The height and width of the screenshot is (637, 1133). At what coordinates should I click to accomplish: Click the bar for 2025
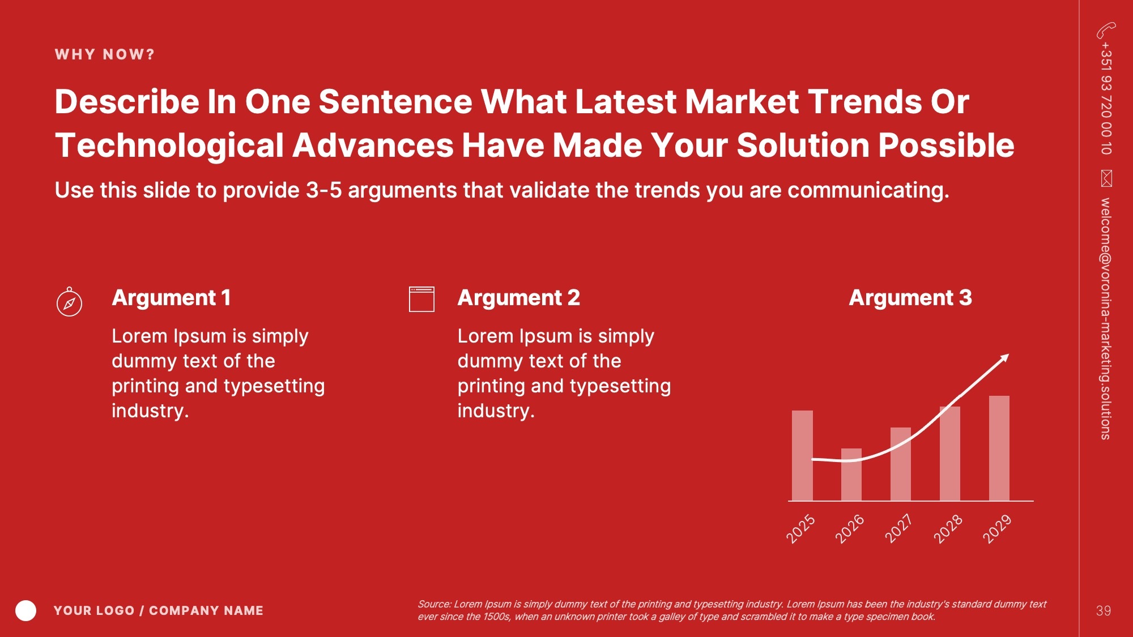coord(802,456)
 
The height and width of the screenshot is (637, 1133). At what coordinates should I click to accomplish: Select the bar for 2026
coord(851,474)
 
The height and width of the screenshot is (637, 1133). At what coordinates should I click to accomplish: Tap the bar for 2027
coord(901,464)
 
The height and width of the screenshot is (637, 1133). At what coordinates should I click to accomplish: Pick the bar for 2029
coord(999,448)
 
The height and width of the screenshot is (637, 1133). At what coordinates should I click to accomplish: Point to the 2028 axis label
coord(948,529)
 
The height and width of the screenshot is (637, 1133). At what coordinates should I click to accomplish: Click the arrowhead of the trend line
coord(1005,358)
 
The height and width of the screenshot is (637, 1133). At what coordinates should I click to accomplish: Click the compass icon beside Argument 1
coord(69,301)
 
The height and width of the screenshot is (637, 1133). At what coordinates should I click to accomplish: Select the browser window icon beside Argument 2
coord(421,299)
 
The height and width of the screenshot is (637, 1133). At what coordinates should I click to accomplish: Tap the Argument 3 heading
coord(910,298)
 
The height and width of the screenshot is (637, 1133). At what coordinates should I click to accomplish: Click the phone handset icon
coord(1106,30)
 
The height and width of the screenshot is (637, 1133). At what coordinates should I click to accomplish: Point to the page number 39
coord(1104,611)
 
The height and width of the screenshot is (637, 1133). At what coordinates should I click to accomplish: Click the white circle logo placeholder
coord(26,610)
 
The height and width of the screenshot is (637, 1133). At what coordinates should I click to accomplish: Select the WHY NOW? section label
coord(105,54)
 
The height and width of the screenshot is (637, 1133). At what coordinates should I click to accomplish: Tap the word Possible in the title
coord(946,146)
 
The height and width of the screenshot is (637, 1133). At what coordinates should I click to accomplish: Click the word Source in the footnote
coord(434,604)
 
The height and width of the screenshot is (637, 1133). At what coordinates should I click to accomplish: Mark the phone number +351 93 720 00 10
coord(1106,99)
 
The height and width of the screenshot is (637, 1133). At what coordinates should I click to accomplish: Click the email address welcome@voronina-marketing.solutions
coord(1106,319)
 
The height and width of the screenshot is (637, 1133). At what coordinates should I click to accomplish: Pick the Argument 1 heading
coord(171,298)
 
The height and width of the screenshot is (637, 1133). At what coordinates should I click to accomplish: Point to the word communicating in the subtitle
coord(868,191)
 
